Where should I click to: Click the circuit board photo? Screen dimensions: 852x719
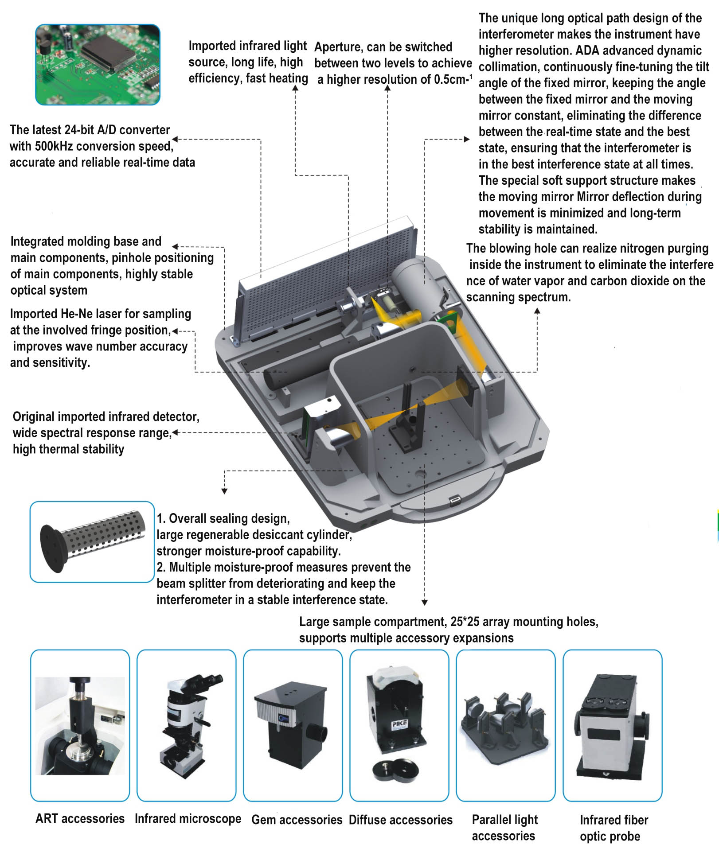pos(98,65)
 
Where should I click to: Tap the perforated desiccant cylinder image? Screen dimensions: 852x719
pos(92,541)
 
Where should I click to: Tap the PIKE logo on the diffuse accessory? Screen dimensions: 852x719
pos(399,724)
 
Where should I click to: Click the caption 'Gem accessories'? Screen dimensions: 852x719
pos(297,820)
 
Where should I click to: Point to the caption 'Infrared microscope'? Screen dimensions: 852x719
pos(188,819)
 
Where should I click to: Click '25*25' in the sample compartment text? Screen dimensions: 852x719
pos(465,622)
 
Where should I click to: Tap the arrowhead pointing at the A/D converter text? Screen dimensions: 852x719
pos(175,140)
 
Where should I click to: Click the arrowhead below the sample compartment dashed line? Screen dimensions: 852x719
pos(424,603)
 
